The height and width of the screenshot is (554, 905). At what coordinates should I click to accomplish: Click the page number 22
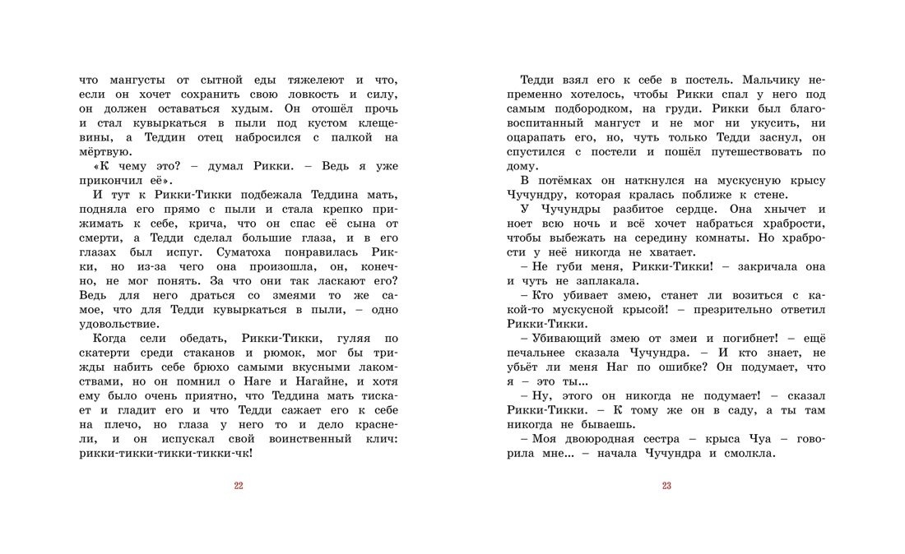[x=239, y=486]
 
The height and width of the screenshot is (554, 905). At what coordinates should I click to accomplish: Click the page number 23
[x=666, y=486]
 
